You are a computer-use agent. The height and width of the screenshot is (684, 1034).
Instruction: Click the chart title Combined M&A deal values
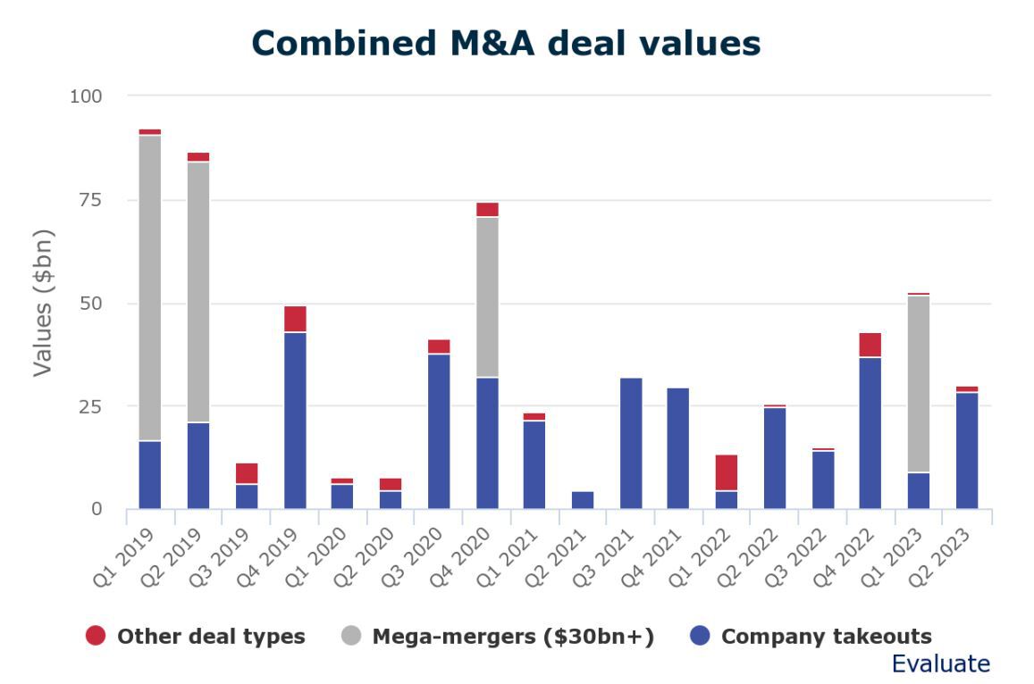506,43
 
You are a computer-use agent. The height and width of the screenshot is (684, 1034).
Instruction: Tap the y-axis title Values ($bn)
44,303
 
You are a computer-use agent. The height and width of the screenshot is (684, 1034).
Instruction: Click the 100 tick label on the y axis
86,96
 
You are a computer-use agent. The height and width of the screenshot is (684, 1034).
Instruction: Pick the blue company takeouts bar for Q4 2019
295,421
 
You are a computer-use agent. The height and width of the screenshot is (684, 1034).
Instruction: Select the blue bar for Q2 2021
583,500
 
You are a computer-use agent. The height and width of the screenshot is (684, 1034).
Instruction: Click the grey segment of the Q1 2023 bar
920,384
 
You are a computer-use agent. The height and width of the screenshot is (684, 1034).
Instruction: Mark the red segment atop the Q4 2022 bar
870,345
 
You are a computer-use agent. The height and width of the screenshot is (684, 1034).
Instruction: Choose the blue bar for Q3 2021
631,443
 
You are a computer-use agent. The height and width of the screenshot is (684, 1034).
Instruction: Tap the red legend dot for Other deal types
96,636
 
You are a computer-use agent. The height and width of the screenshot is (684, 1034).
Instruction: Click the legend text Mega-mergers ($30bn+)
513,637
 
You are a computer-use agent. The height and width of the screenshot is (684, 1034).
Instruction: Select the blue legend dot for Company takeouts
702,636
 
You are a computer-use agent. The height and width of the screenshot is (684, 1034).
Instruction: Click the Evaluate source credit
940,663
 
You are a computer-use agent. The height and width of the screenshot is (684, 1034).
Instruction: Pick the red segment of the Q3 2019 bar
247,473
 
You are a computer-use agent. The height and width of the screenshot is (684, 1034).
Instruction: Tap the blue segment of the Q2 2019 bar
198,465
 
